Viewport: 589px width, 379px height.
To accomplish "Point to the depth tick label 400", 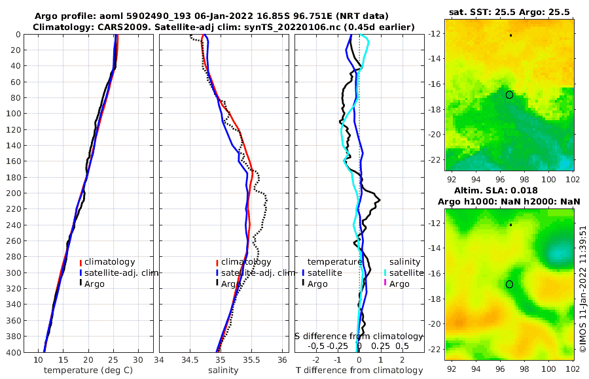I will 12,352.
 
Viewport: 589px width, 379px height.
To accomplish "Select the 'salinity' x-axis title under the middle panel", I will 223,371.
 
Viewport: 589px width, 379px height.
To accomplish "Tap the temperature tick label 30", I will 137,360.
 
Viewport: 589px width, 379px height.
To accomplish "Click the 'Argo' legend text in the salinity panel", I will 231,284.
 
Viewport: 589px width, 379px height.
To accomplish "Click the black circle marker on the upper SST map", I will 509,95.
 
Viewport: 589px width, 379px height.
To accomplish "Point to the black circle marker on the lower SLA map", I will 509,284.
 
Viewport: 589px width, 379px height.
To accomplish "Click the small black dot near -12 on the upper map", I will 511,35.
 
